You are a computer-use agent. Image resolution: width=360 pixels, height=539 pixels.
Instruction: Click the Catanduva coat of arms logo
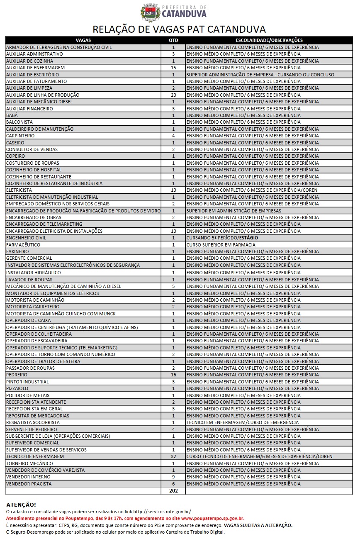click(151, 12)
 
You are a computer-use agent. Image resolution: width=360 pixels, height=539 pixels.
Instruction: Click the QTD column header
click(173, 40)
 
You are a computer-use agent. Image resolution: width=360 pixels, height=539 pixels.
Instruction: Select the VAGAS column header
click(83, 40)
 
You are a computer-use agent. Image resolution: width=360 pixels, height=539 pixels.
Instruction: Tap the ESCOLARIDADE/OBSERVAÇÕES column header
click(269, 40)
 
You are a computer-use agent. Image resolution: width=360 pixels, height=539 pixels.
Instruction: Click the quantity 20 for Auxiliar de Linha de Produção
click(173, 95)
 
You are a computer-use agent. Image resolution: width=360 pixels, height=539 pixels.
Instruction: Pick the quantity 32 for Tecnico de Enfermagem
click(173, 456)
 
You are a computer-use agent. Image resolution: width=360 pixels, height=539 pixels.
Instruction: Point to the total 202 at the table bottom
click(173, 490)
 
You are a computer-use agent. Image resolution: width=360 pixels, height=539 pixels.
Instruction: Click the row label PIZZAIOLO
click(17, 388)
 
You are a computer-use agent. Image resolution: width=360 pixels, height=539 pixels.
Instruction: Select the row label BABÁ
click(12, 115)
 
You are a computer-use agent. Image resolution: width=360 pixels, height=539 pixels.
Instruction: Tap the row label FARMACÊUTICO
click(23, 245)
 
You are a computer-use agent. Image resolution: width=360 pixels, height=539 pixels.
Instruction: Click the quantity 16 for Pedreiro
click(173, 375)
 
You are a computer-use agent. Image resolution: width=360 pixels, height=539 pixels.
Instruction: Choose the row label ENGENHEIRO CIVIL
click(26, 238)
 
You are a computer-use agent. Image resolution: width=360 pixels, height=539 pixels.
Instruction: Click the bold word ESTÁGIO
click(248, 238)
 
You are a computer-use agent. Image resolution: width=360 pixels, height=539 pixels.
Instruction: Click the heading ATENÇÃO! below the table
click(21, 505)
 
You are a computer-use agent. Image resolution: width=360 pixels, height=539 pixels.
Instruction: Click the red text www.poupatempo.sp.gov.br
click(213, 518)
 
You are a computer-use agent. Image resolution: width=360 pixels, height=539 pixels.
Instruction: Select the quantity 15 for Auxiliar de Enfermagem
click(173, 68)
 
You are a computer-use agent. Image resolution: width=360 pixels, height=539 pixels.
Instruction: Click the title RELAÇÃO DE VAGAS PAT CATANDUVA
click(179, 29)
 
